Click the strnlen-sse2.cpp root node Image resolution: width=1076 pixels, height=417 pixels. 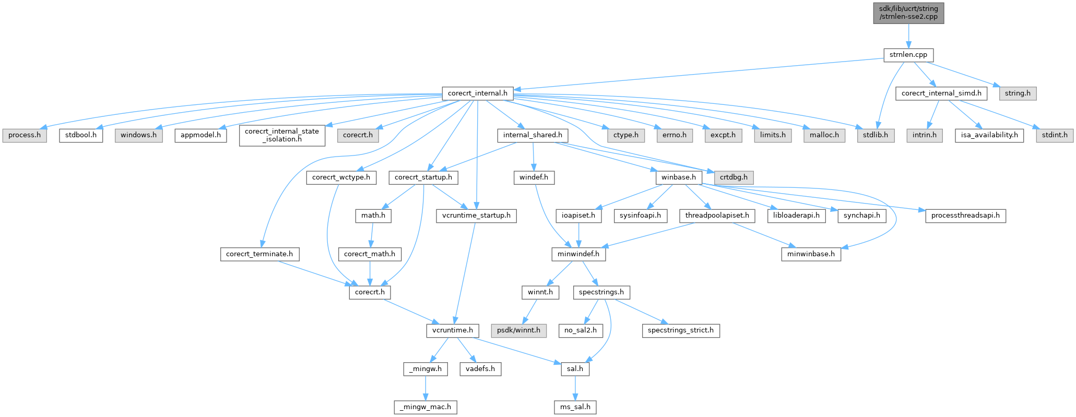coord(908,13)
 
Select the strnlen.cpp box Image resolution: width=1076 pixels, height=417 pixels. coord(908,55)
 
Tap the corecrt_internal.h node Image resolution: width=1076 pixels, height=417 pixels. coord(478,93)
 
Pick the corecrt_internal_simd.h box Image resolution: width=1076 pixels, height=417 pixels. coord(941,93)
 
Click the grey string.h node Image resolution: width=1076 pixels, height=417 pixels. coord(1018,93)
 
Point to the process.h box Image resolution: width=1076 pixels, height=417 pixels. coord(25,135)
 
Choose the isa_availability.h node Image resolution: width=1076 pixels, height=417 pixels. coord(989,135)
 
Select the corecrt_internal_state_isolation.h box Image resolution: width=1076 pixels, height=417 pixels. coord(282,135)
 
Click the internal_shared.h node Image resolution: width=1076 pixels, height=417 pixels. coord(533,135)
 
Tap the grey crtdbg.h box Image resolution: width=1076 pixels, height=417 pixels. coord(734,177)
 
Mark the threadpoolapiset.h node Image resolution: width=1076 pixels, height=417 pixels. coord(717,216)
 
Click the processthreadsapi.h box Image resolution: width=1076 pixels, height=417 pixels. coord(965,216)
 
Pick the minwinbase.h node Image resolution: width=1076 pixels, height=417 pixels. coord(811,254)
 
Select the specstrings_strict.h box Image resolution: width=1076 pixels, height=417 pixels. coord(680,330)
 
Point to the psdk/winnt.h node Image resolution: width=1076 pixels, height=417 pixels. coord(518,330)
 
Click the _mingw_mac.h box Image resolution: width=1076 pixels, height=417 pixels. coord(425,407)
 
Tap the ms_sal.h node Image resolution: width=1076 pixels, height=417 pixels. coord(575,407)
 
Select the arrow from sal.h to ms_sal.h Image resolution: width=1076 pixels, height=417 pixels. coord(575,388)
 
